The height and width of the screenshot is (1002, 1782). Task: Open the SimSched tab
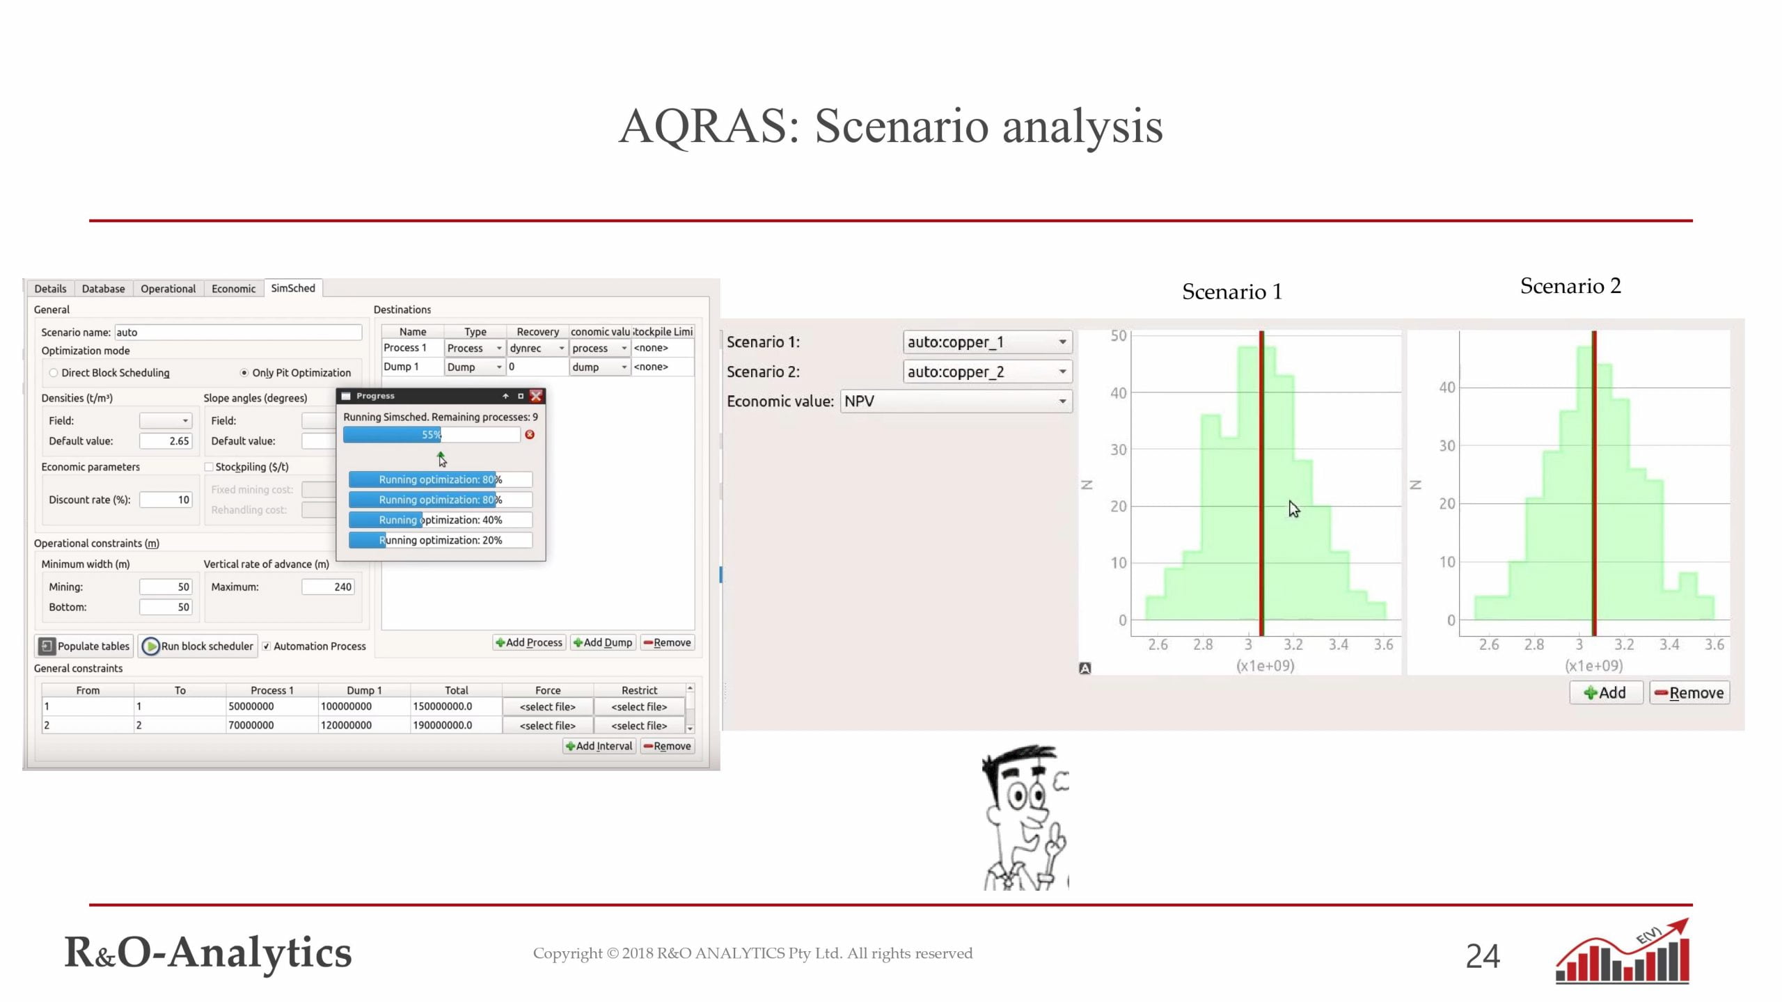[293, 288]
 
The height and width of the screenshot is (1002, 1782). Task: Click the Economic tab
[233, 289]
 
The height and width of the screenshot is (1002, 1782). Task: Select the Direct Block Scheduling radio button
[54, 373]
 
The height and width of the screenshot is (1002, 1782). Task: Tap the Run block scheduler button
[198, 646]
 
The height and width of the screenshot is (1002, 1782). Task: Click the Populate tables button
[84, 646]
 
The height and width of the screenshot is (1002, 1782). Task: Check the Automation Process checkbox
[266, 646]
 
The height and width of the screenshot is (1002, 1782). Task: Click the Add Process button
[529, 642]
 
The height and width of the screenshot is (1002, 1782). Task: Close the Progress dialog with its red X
[536, 396]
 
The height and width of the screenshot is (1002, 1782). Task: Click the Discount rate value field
[166, 500]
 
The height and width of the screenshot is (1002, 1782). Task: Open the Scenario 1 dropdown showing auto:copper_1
[987, 342]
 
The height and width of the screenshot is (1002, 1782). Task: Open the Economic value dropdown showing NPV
[956, 401]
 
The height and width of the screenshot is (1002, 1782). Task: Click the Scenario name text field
[238, 333]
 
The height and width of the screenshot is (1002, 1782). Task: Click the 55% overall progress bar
[432, 435]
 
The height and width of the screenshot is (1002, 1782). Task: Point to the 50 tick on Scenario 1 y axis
[1118, 335]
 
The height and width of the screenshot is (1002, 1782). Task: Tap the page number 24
[1483, 956]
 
